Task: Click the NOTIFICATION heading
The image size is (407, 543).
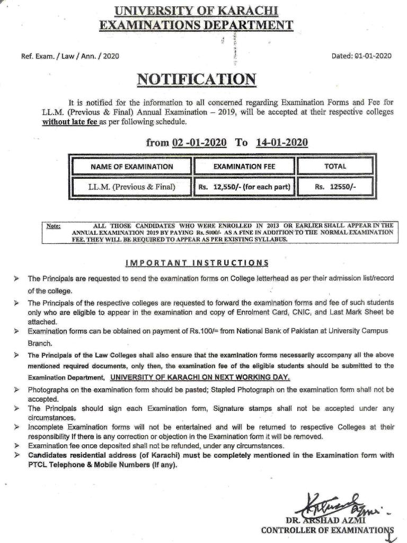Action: [x=197, y=80]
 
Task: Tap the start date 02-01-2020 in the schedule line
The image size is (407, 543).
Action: [x=199, y=143]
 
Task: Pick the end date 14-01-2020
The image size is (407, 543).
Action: [x=281, y=143]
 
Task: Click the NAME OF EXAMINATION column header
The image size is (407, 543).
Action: [x=131, y=167]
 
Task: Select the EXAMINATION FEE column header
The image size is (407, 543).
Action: [x=244, y=167]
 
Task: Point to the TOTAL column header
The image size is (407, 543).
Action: [x=335, y=167]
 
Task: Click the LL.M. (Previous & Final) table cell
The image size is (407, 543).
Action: [x=131, y=187]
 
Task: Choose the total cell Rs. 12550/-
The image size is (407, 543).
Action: [x=335, y=187]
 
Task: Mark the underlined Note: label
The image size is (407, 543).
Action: [x=54, y=226]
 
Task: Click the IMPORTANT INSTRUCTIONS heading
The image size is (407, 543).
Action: [x=197, y=263]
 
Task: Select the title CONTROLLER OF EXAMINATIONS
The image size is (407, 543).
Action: [x=328, y=529]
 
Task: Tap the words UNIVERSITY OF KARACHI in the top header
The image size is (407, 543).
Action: [x=197, y=10]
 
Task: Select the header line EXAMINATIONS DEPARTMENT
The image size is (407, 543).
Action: [x=197, y=24]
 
